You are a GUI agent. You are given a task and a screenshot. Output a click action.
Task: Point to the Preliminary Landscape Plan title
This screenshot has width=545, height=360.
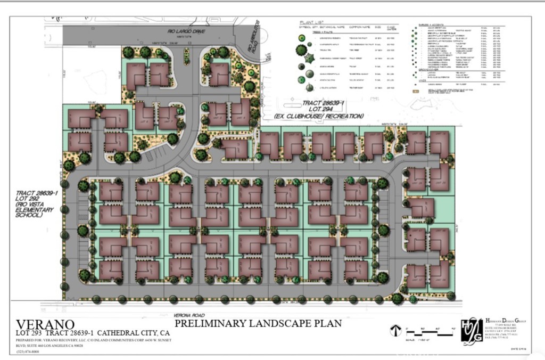tap(258, 323)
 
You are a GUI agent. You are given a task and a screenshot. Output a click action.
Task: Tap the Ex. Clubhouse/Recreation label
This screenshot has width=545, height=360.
tap(319, 116)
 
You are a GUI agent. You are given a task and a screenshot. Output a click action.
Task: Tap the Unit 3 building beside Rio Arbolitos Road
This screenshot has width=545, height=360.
tap(219, 73)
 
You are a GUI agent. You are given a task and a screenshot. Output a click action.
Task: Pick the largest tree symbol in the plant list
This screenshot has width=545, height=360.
tap(301, 50)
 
